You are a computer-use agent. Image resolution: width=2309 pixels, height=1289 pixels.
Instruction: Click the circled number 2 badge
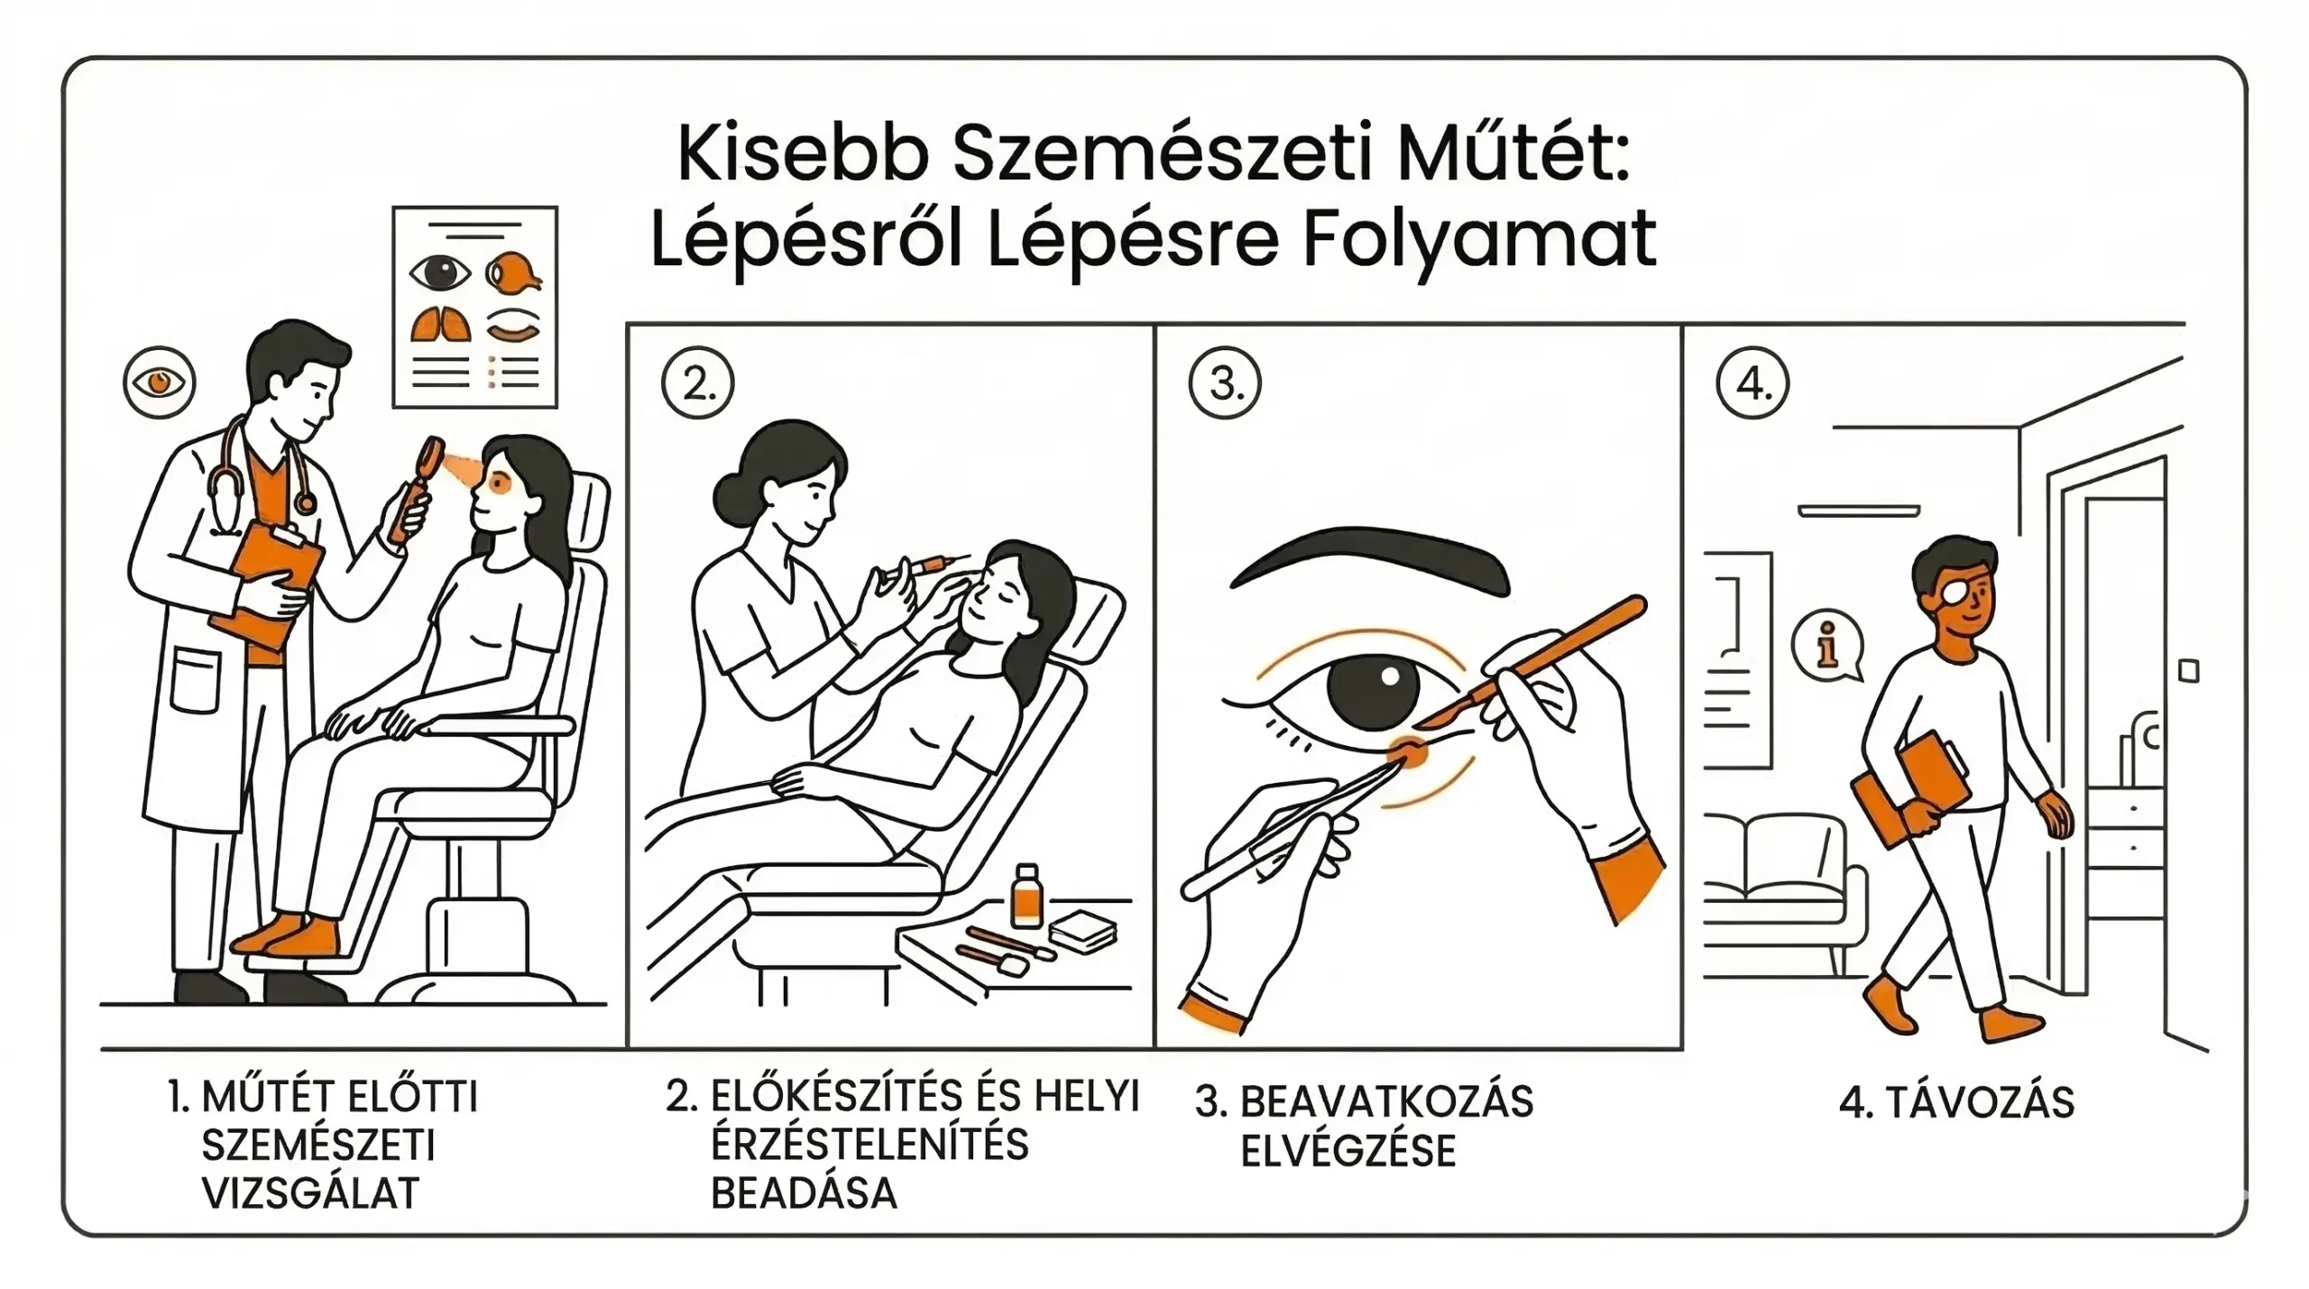pos(697,384)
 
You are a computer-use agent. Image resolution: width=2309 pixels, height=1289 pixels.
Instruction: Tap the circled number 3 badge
pos(1224,384)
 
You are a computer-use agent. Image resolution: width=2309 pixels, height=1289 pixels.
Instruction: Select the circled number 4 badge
pos(1752,384)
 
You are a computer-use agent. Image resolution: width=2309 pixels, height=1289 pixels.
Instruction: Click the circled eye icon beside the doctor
pos(159,382)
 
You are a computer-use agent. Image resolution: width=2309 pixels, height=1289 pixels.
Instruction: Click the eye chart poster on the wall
pos(475,307)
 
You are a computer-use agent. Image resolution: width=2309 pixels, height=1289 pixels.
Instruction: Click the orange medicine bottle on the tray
pos(1026,898)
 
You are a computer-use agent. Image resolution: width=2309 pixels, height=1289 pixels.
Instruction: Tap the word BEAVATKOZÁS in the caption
pos(1386,1102)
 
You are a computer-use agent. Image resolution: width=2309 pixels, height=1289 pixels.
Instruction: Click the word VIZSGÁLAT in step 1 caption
pos(310,1193)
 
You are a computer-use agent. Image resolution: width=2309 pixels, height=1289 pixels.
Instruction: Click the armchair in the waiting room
pos(1782,893)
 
